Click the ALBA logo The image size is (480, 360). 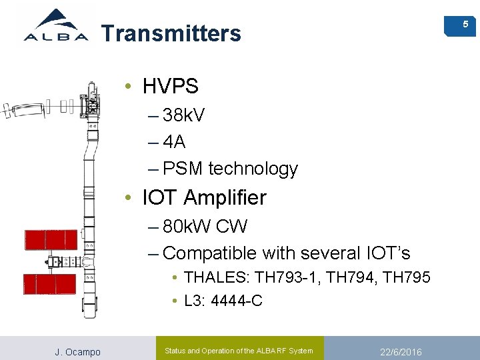pos(56,26)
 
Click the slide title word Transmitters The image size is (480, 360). pos(171,33)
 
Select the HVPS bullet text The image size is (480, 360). pos(171,86)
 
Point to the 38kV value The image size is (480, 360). pos(184,115)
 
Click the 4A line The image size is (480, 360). pos(174,142)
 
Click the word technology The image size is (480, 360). pos(253,169)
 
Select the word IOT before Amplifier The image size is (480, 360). pos(160,198)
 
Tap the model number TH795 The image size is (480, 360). pos(407,277)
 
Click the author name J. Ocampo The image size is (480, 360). pos(77,352)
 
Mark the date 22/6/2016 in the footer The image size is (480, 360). pos(401,352)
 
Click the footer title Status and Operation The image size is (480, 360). pos(239,351)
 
